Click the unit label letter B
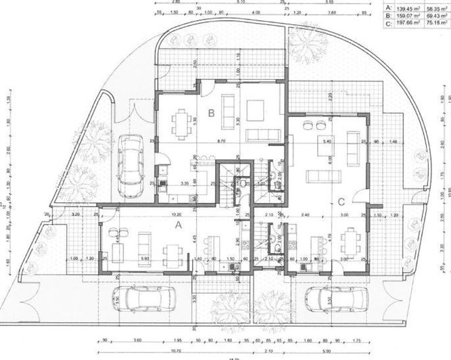click(x=211, y=114)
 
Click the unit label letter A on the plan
click(x=179, y=223)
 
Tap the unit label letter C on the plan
click(x=341, y=200)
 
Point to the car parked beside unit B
click(x=130, y=163)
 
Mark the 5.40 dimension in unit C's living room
click(x=328, y=141)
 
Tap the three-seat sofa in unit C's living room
click(x=323, y=177)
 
